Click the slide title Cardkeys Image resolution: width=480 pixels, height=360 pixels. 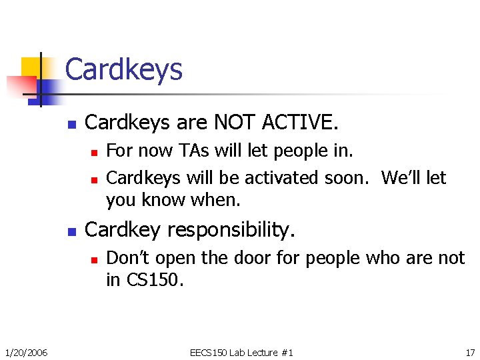coord(124,69)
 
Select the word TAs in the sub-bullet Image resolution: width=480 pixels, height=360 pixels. coord(195,151)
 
